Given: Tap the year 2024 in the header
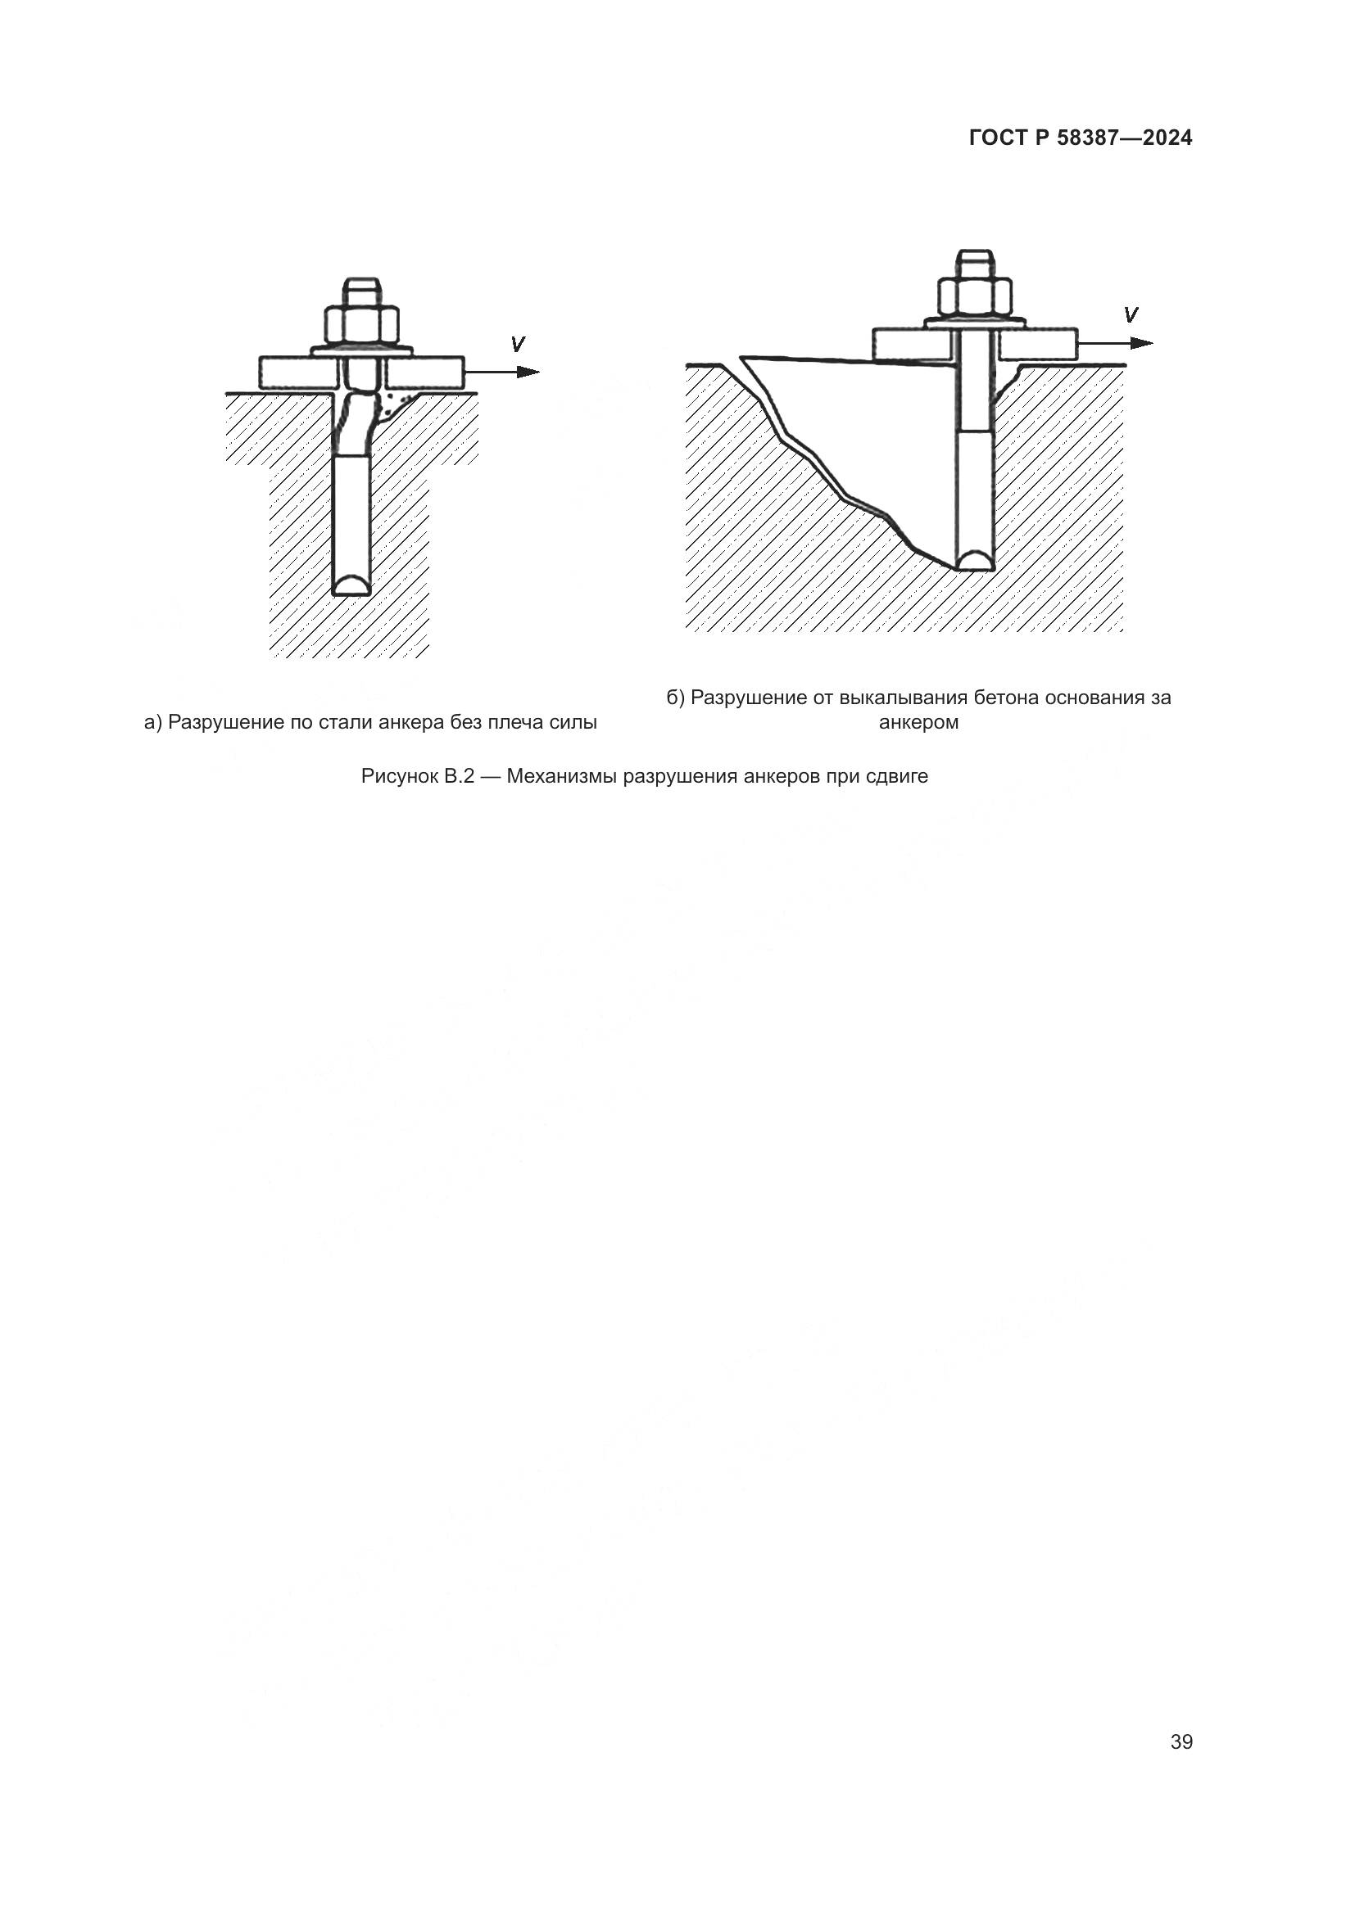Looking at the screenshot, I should [x=1167, y=138].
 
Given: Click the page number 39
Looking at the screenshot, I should [x=1181, y=1742].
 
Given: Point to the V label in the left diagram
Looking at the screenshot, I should [x=518, y=344].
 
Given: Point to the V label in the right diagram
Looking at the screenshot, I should [x=1131, y=315].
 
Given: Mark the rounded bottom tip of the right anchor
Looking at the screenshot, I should [x=976, y=561].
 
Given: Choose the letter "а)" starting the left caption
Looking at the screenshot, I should [x=152, y=722].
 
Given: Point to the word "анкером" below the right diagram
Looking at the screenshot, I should [x=918, y=722].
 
